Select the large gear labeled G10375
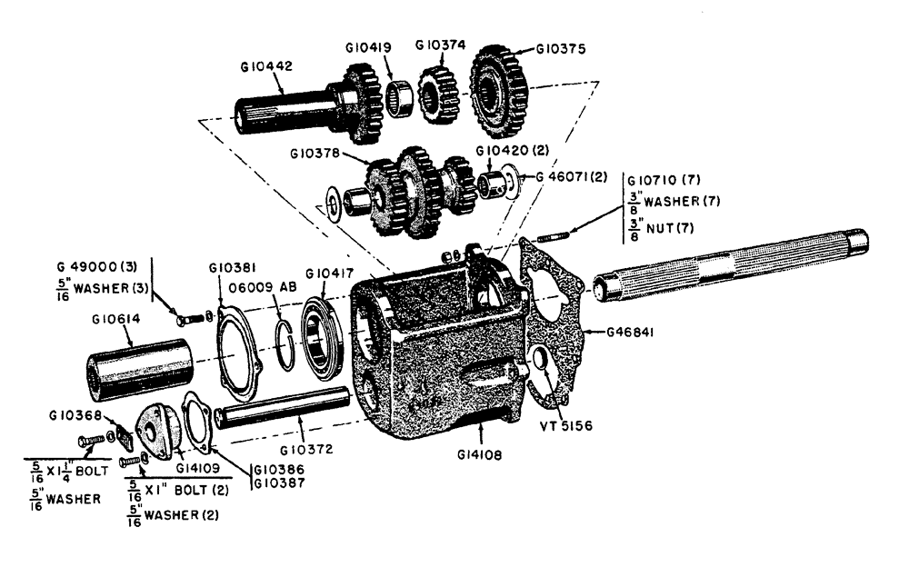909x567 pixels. (499, 89)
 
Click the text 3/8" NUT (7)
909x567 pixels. (658, 228)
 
